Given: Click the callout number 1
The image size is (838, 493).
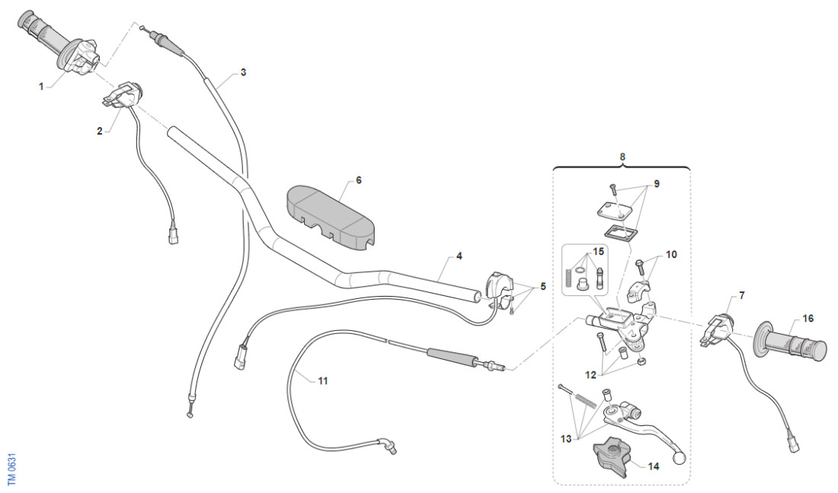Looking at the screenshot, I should coord(40,87).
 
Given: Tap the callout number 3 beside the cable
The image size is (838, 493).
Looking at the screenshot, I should coord(243,72).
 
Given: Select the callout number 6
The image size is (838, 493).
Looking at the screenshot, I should coord(359,180).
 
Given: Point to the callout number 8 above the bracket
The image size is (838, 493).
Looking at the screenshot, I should coord(622,157).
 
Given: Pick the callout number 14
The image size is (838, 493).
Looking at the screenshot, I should coord(653,467).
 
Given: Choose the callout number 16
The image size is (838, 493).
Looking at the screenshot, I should coord(808,319).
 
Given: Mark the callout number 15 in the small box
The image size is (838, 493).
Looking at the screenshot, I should coord(599,250).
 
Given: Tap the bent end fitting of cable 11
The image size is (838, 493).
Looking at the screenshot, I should coord(391,447).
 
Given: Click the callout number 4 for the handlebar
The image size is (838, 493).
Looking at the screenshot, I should coord(459,256).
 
